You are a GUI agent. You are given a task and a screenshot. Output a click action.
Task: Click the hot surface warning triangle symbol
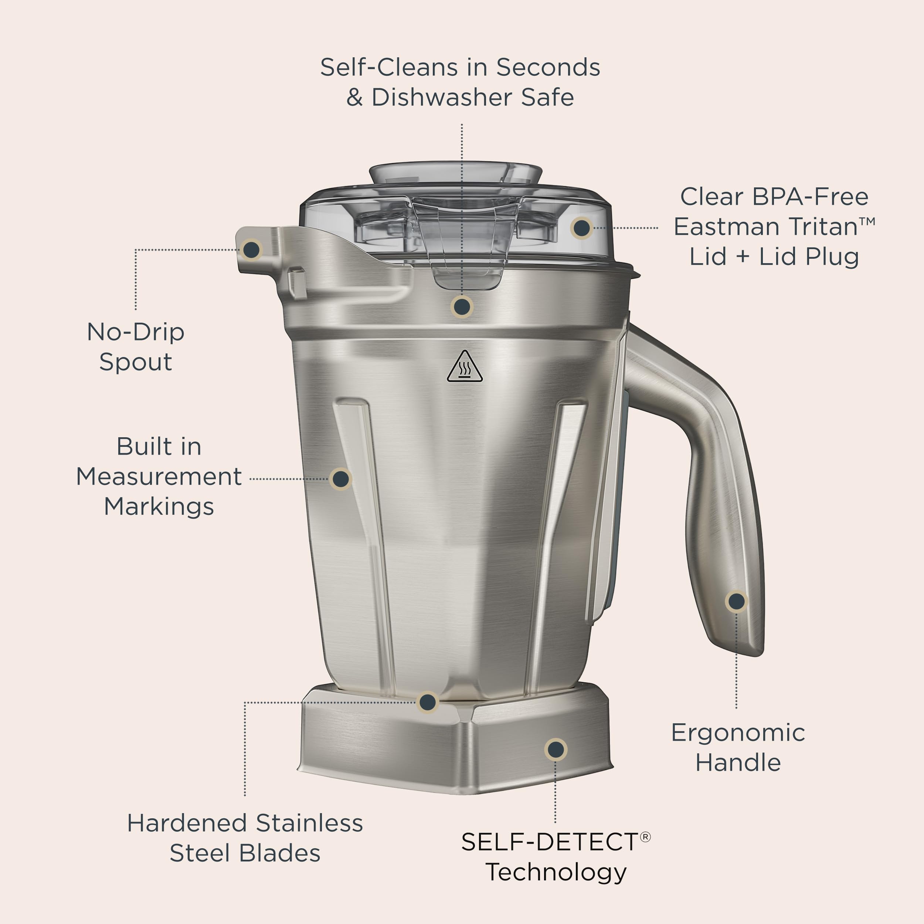[464, 368]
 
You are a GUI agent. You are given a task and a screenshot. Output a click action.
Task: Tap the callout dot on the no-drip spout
[252, 249]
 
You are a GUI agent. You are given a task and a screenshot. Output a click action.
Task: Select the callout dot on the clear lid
[581, 228]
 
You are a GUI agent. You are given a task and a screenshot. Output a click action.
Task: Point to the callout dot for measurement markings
[340, 479]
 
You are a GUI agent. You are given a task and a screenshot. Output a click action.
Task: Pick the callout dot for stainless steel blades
[428, 702]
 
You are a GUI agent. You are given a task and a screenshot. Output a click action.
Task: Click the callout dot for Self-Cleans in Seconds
[462, 306]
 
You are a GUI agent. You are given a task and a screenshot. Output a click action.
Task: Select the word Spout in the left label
[135, 362]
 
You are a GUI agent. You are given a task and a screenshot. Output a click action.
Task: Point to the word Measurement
[159, 477]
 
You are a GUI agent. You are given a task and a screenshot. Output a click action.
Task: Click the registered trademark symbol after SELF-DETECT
[645, 836]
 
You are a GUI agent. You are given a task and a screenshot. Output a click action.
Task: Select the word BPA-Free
[810, 197]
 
